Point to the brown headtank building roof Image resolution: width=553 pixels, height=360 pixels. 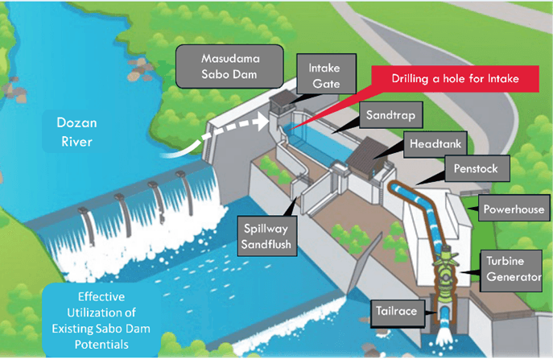pos(369,151)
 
